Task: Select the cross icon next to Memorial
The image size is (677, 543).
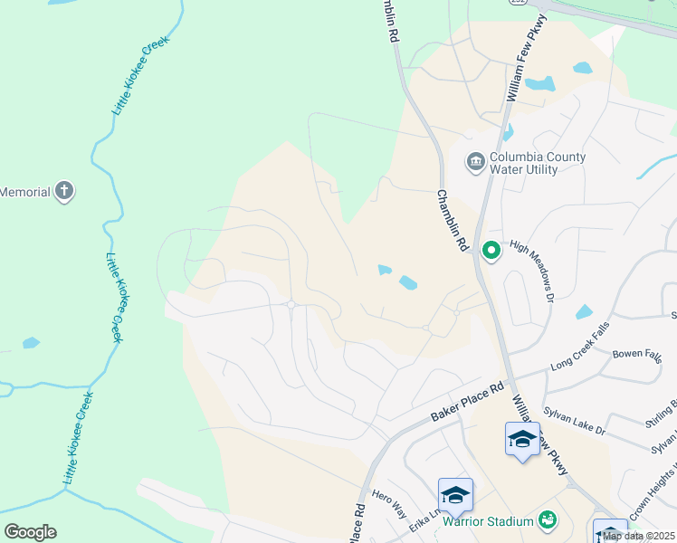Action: pyautogui.click(x=63, y=191)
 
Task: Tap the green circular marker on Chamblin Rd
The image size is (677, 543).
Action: pyautogui.click(x=491, y=250)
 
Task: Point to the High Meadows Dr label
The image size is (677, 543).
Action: pyautogui.click(x=530, y=270)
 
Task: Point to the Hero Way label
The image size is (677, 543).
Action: pyautogui.click(x=388, y=504)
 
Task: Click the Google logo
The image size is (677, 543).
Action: pyautogui.click(x=30, y=532)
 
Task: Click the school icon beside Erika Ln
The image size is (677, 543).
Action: pyautogui.click(x=455, y=495)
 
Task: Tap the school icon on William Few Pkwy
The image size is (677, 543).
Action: pyautogui.click(x=522, y=439)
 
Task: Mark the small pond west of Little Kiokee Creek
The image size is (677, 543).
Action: pyautogui.click(x=31, y=343)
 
